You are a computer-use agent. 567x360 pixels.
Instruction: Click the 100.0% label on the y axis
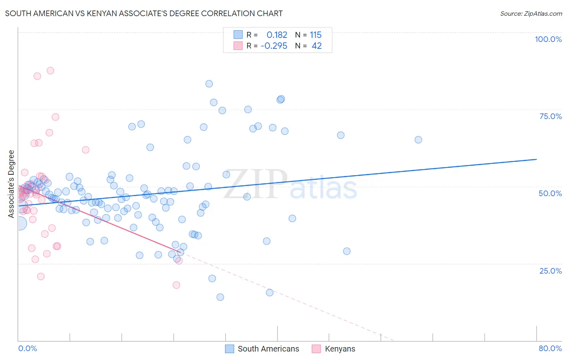(x=548, y=39)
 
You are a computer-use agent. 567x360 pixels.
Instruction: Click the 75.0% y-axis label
(x=550, y=116)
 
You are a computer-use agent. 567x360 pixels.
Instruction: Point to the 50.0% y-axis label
(x=550, y=193)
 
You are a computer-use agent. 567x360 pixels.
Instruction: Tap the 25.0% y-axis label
(x=550, y=271)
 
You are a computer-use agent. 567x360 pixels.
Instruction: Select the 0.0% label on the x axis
(x=27, y=348)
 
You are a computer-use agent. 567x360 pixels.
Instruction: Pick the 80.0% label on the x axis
(x=550, y=348)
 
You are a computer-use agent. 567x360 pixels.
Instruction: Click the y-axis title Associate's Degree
(x=11, y=184)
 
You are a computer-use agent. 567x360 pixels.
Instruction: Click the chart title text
(x=144, y=13)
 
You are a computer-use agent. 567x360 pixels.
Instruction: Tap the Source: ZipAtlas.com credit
(x=531, y=13)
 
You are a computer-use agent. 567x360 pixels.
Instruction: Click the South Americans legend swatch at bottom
(x=229, y=349)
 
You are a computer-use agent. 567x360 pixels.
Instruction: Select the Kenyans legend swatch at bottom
(x=317, y=349)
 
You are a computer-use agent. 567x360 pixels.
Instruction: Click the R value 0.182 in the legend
(x=277, y=35)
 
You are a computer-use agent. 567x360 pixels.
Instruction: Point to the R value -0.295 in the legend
(x=274, y=46)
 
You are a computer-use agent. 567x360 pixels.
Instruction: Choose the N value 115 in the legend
(x=316, y=35)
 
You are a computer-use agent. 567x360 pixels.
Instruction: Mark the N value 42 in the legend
(x=317, y=46)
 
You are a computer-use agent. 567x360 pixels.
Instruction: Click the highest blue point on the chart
(x=209, y=84)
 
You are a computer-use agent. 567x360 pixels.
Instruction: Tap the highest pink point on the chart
(x=50, y=71)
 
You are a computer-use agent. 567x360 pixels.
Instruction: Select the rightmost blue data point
(x=418, y=140)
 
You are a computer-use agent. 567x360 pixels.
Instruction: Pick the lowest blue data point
(x=220, y=297)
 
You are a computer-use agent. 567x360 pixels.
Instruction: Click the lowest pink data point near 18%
(x=176, y=285)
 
